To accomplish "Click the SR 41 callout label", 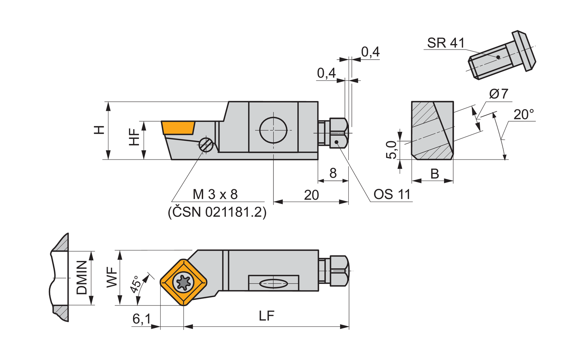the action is pos(446,43).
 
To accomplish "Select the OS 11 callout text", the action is pos(392,194).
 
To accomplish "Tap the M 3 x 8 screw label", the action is pos(215,194).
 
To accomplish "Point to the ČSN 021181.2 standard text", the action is pos(217,213).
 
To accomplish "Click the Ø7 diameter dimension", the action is pos(499,94).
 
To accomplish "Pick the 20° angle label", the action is pos(524,114).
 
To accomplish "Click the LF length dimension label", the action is pos(267,316).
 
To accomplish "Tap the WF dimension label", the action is pos(112,277).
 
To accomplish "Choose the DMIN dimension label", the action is pos(82,278).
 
